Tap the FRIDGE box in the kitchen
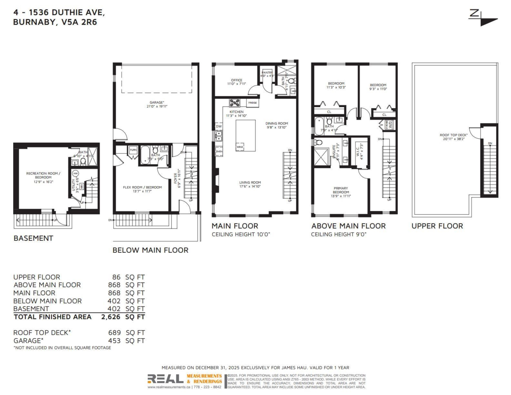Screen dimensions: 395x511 point(252,103)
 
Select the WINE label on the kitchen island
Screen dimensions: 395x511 point(239,147)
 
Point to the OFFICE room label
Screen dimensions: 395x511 point(236,80)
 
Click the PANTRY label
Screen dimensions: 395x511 point(267,73)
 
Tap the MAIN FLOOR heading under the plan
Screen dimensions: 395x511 point(235,226)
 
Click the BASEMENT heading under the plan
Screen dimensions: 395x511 point(33,238)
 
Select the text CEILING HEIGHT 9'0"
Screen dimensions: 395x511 point(339,234)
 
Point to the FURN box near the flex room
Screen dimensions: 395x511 point(133,150)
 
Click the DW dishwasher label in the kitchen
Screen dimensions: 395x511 point(218,127)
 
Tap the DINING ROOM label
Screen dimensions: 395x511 point(277,124)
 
